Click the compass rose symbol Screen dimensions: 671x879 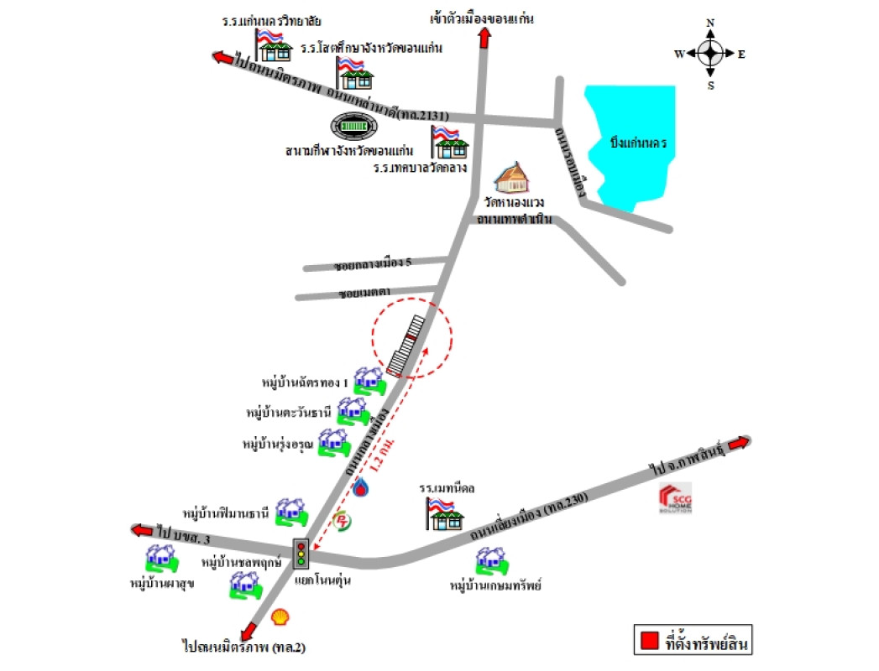pyautogui.click(x=710, y=55)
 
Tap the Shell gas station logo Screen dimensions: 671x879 pyautogui.click(x=284, y=616)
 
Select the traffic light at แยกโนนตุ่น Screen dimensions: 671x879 pyautogui.click(x=301, y=554)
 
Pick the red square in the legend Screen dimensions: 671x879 pyautogui.click(x=648, y=642)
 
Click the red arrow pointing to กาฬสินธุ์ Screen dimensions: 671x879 pyautogui.click(x=736, y=445)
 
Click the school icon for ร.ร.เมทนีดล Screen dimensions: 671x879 pyautogui.click(x=442, y=512)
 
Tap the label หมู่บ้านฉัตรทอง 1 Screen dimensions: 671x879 pyautogui.click(x=305, y=382)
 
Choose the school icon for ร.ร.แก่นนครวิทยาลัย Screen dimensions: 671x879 pyautogui.click(x=271, y=46)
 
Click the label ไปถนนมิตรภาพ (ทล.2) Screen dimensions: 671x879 pyautogui.click(x=238, y=647)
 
